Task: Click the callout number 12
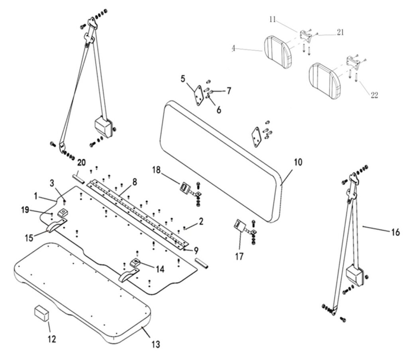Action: point(51,339)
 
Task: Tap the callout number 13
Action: point(156,344)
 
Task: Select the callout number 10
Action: point(298,162)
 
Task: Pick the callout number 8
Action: point(135,182)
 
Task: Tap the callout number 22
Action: point(374,95)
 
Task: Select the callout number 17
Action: point(239,257)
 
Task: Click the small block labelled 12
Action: point(41,313)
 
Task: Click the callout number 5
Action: point(183,78)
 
